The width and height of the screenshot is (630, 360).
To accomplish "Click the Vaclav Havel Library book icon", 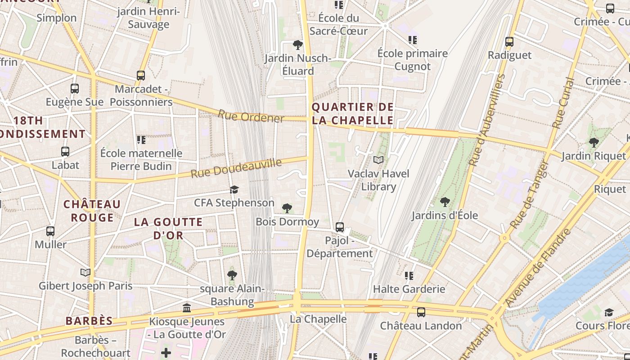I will click(x=379, y=160).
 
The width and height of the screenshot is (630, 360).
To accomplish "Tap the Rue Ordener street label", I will click(x=251, y=116).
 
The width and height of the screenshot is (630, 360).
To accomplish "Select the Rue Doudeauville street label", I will click(x=236, y=168).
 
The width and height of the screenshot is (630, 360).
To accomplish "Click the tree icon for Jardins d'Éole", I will click(x=445, y=202).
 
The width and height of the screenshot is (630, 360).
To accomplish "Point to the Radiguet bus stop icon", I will click(x=509, y=42).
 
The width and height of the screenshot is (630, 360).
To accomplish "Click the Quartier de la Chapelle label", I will click(x=352, y=114).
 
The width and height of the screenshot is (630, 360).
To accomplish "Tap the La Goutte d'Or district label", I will click(x=168, y=229).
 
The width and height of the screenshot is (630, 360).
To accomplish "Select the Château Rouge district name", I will click(x=92, y=211).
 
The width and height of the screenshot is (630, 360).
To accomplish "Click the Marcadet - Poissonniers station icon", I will click(x=141, y=76).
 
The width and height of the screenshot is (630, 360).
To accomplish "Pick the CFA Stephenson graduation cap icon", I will click(x=234, y=189).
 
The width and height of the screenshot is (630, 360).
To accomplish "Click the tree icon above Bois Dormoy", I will click(x=287, y=208).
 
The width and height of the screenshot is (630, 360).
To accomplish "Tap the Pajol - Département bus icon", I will click(x=340, y=227).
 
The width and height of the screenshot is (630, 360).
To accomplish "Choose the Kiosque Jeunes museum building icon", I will click(x=187, y=308).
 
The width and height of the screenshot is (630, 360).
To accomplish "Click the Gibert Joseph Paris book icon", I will click(x=85, y=272).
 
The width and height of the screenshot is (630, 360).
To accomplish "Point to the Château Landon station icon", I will click(x=421, y=312).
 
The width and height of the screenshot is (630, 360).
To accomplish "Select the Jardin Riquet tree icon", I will click(x=594, y=143).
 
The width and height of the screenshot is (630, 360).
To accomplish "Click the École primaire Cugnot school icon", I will click(x=413, y=40).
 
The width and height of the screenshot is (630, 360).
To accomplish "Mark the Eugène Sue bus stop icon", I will click(x=75, y=89).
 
